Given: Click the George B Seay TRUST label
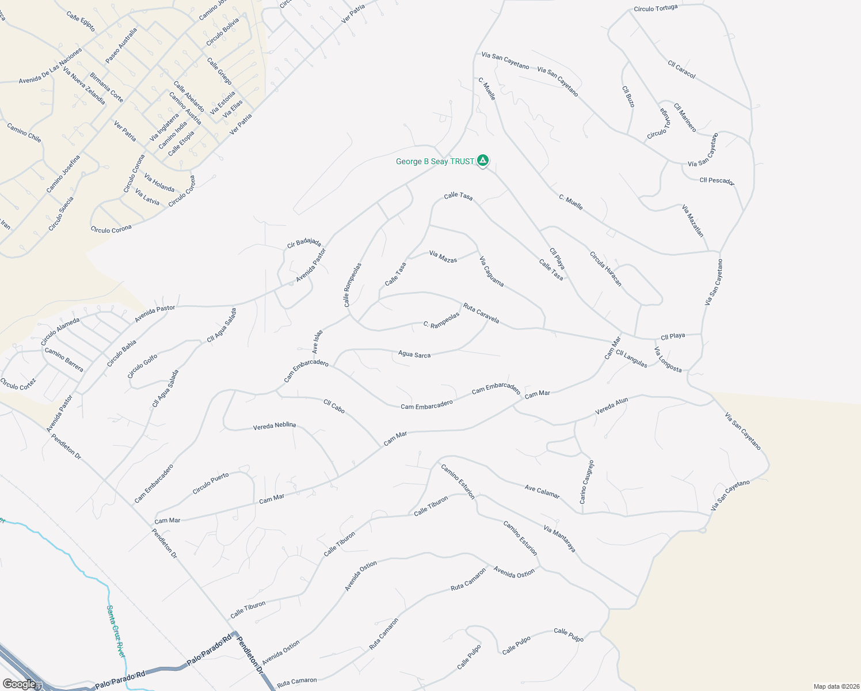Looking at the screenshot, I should pyautogui.click(x=435, y=162).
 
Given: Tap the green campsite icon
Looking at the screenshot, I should pyautogui.click(x=483, y=161).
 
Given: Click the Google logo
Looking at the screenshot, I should pyautogui.click(x=19, y=684).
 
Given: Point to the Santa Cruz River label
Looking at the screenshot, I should pyautogui.click(x=116, y=631).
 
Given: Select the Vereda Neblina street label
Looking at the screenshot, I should pyautogui.click(x=275, y=426).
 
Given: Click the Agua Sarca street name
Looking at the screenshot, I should pyautogui.click(x=414, y=355).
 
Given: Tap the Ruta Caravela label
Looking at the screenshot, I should pyautogui.click(x=481, y=313).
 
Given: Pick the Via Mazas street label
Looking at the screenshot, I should pyautogui.click(x=443, y=257).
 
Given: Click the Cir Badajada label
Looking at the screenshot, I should pyautogui.click(x=304, y=244).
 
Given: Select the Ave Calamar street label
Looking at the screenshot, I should pyautogui.click(x=542, y=492).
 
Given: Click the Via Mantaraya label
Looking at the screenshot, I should pyautogui.click(x=559, y=539).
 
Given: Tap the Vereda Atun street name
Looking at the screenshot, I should pyautogui.click(x=611, y=407).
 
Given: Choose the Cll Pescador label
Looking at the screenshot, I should pyautogui.click(x=717, y=181).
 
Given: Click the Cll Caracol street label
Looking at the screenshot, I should pyautogui.click(x=682, y=70).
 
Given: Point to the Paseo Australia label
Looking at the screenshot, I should pyautogui.click(x=121, y=46).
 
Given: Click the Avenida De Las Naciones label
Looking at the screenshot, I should pyautogui.click(x=50, y=67).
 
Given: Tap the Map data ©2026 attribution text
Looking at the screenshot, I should pyautogui.click(x=836, y=686).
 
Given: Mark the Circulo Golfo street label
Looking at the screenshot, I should pyautogui.click(x=142, y=366).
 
